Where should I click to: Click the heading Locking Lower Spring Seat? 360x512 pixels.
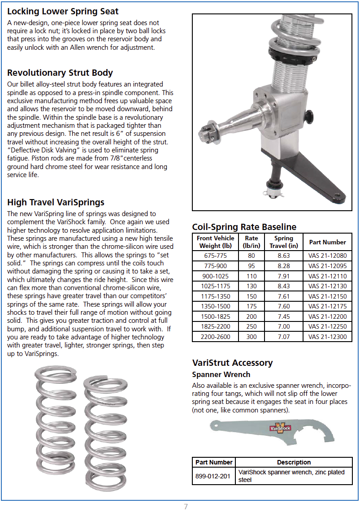(x=63, y=11)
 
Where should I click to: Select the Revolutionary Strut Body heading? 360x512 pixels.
(x=60, y=73)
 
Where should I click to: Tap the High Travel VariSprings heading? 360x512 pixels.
(x=56, y=202)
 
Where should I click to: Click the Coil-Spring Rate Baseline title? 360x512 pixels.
(x=244, y=227)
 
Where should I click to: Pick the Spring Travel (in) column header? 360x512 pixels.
(x=283, y=242)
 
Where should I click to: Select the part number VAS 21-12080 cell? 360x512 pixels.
(x=327, y=256)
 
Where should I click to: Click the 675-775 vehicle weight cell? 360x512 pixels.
(x=215, y=256)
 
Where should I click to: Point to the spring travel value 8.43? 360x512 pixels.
(x=283, y=286)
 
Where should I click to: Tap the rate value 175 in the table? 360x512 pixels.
(x=252, y=306)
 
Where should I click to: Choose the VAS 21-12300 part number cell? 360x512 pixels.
(x=327, y=337)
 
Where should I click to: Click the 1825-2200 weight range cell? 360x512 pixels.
(x=215, y=326)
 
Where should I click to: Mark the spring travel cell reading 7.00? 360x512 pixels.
(x=283, y=326)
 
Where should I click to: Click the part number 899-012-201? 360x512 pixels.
(x=213, y=476)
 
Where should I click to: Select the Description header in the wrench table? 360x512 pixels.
(x=294, y=462)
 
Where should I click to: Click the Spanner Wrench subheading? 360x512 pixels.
(x=221, y=374)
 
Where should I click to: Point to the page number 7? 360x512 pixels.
(x=186, y=507)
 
